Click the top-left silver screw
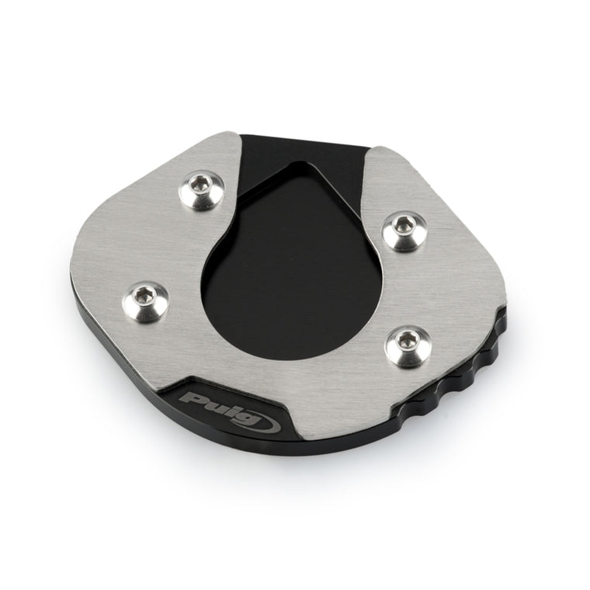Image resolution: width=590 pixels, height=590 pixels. click(x=201, y=189)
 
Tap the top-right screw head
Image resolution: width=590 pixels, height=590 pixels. click(x=404, y=231)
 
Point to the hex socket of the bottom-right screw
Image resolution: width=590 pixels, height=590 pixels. click(x=405, y=341)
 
